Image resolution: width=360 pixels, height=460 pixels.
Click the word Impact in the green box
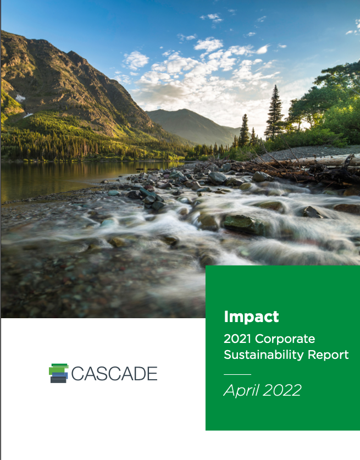[251, 317]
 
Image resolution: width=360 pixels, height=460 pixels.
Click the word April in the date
[241, 390]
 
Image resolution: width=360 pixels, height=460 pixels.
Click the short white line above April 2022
[237, 374]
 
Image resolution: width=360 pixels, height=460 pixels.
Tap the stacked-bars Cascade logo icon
[59, 373]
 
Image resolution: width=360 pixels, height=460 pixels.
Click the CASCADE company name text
[114, 374]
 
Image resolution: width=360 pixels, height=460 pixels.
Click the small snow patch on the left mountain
[20, 97]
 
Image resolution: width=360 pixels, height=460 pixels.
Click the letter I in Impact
[226, 317]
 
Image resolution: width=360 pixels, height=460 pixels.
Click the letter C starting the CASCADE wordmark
[76, 374]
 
